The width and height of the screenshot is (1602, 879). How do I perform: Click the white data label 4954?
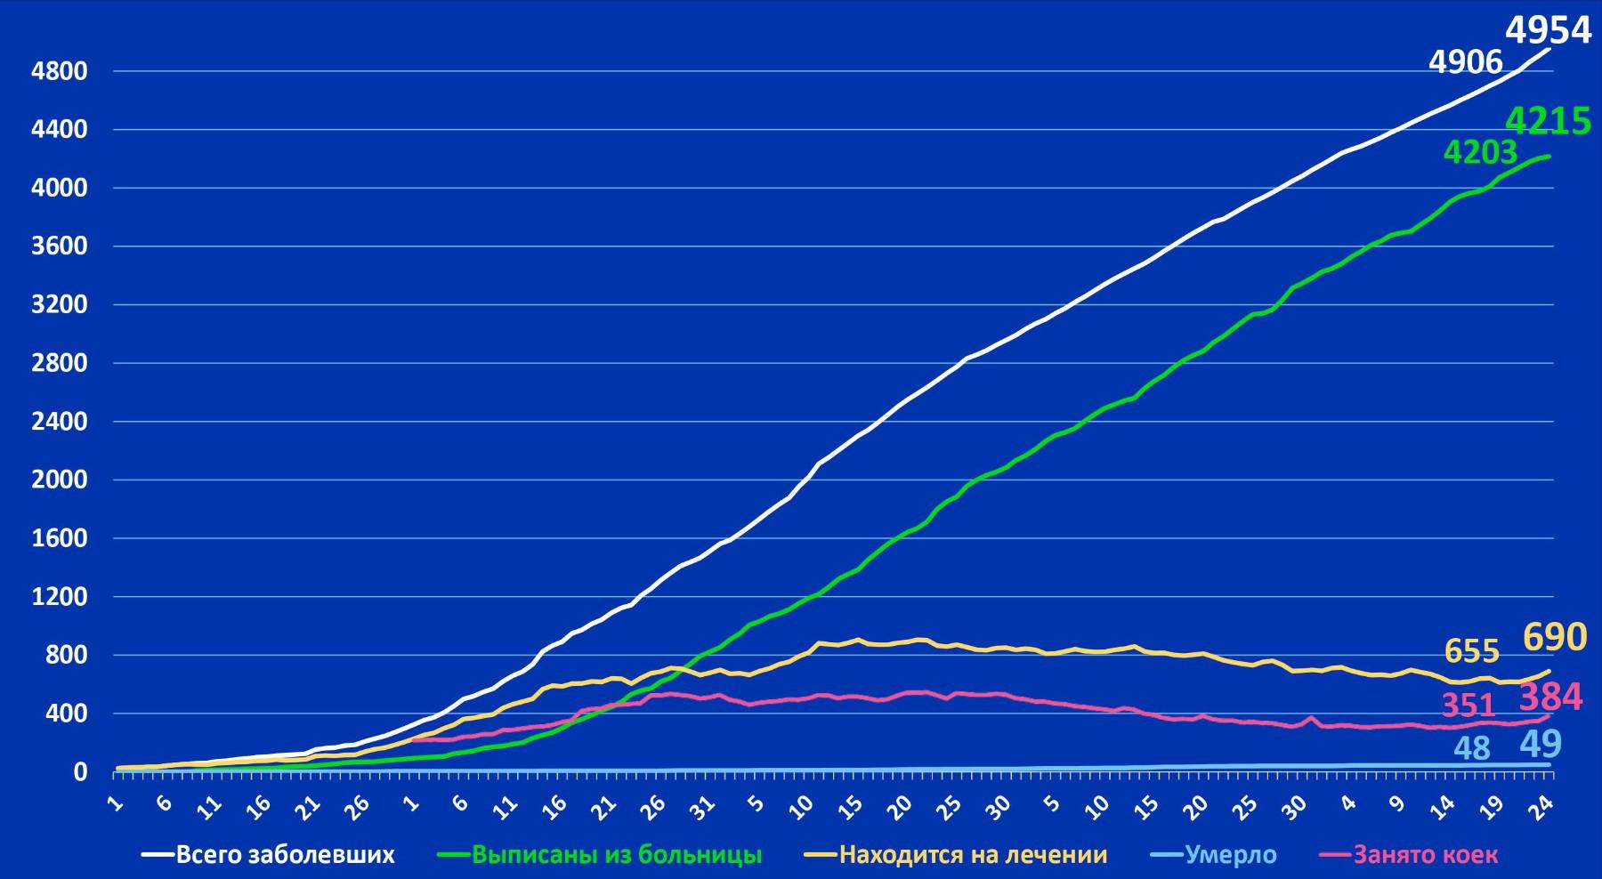pyautogui.click(x=1548, y=30)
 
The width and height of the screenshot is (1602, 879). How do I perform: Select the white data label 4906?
pyautogui.click(x=1465, y=62)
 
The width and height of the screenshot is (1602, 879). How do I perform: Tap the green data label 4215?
pyautogui.click(x=1548, y=121)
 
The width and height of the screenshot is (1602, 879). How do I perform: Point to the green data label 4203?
pyautogui.click(x=1479, y=153)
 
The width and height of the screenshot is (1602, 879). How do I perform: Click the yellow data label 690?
pyautogui.click(x=1555, y=638)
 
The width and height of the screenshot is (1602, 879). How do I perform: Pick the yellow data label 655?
pyautogui.click(x=1472, y=652)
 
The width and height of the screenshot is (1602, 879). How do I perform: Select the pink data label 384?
pyautogui.click(x=1550, y=698)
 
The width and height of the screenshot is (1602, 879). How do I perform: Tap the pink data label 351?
pyautogui.click(x=1468, y=706)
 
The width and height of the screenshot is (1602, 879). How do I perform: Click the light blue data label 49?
pyautogui.click(x=1540, y=745)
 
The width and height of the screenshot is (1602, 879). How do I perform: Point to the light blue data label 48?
pyautogui.click(x=1472, y=748)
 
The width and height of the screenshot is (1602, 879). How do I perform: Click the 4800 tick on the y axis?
pyautogui.click(x=60, y=71)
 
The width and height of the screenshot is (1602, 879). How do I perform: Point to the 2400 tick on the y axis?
pyautogui.click(x=60, y=422)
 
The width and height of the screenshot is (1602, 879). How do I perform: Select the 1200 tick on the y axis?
pyautogui.click(x=60, y=597)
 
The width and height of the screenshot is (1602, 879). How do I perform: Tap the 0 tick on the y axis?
pyautogui.click(x=80, y=772)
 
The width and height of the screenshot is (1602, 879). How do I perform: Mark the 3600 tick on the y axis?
pyautogui.click(x=60, y=246)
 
